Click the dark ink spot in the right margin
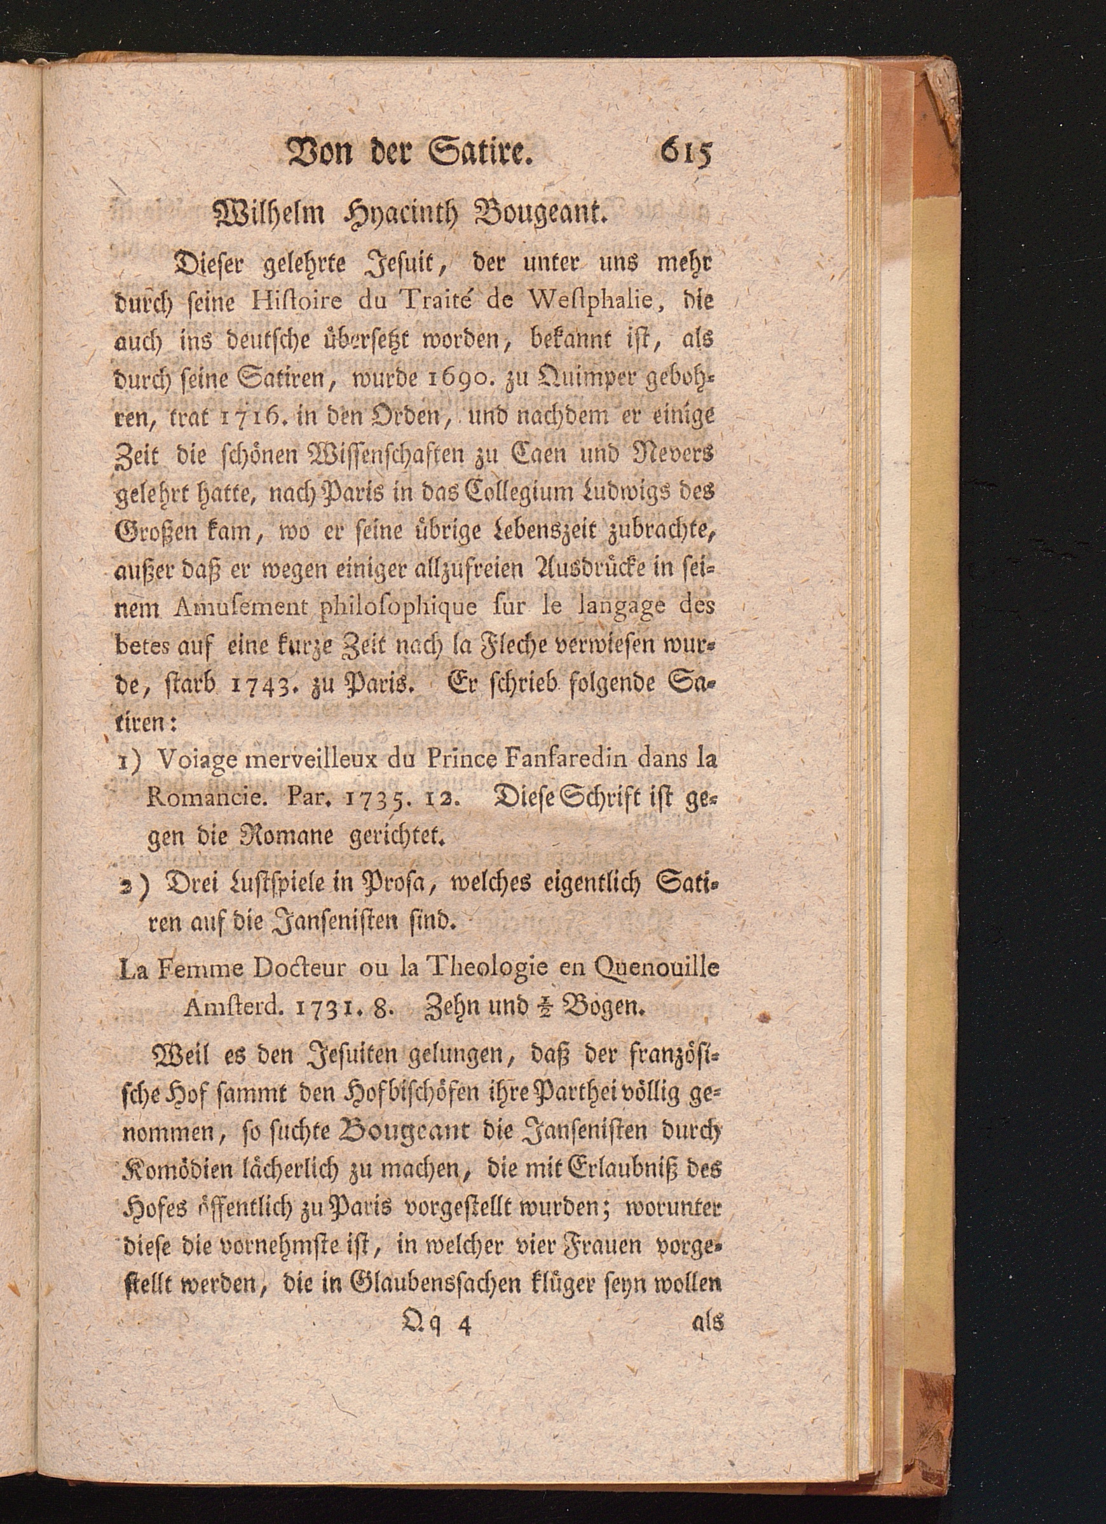[762, 1019]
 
